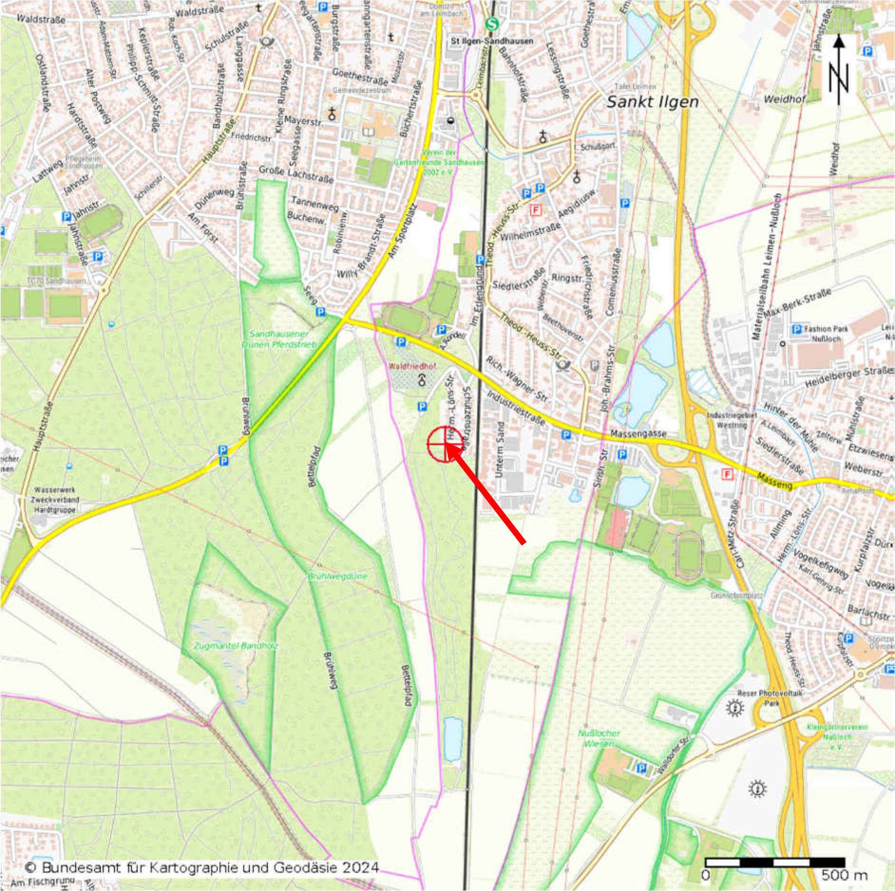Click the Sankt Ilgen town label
tap(653, 102)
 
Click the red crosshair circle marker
tap(445, 444)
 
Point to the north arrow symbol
tap(839, 71)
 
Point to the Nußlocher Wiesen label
tap(599, 738)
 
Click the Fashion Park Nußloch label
tap(823, 333)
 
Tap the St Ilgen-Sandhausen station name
tap(492, 41)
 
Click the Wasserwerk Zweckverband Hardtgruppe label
tap(56, 500)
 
